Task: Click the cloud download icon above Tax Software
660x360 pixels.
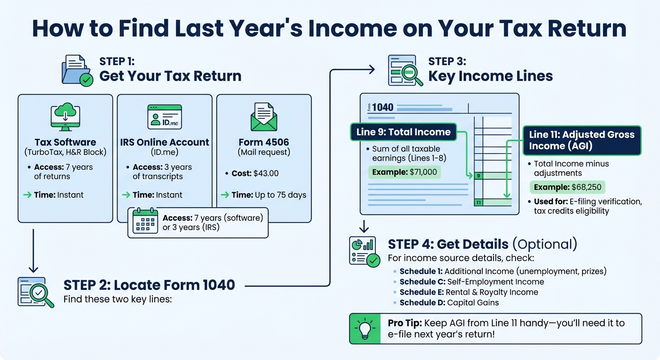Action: point(65,118)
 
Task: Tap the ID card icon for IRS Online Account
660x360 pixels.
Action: point(164,117)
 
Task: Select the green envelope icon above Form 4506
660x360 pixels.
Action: point(263,117)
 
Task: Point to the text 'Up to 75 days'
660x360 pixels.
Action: point(280,195)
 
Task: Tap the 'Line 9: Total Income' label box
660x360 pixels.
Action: point(403,132)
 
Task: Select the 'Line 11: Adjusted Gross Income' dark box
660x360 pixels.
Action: point(581,140)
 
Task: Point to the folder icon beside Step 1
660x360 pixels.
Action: point(77,71)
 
